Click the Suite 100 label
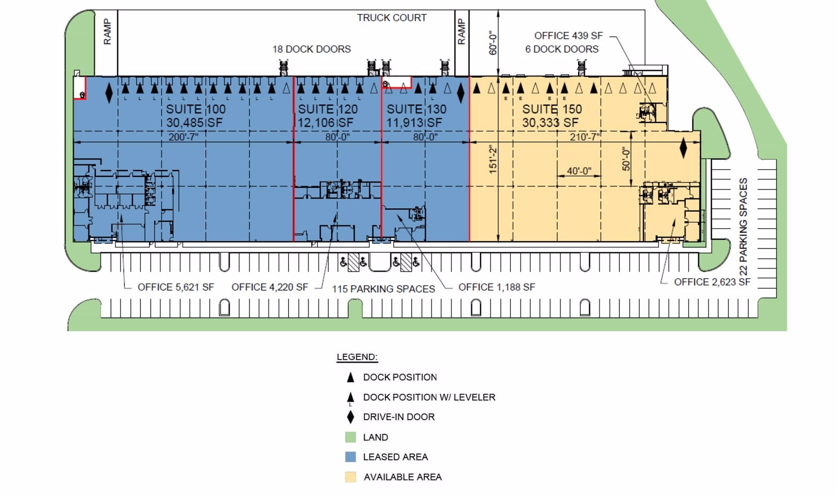[x=196, y=109]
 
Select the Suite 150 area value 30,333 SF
[x=550, y=122]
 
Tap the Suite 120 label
[x=327, y=109]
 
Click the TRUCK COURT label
[x=392, y=18]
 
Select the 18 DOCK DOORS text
[x=312, y=49]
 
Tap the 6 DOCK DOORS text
[x=562, y=49]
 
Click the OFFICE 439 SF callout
[x=568, y=36]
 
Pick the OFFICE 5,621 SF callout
[x=176, y=287]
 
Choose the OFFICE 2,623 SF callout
[x=712, y=282]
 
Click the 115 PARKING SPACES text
[x=383, y=289]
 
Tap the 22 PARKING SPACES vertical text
[x=743, y=227]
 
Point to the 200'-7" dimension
[x=183, y=137]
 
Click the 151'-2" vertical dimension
[x=493, y=160]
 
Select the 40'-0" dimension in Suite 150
[x=579, y=171]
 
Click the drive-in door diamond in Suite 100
[x=109, y=93]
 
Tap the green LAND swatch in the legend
[x=350, y=437]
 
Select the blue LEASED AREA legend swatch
[x=350, y=457]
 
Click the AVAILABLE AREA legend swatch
[x=350, y=477]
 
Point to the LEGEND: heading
[x=357, y=357]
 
